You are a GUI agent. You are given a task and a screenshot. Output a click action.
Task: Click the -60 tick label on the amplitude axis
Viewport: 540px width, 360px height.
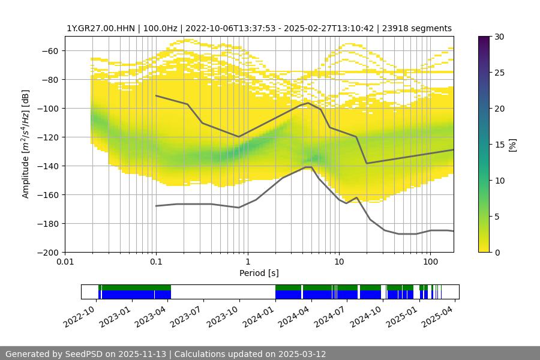[50, 50]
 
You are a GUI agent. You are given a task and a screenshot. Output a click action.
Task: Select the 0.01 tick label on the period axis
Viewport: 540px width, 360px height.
[65, 262]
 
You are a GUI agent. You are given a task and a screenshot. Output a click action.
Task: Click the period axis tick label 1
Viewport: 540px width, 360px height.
[247, 262]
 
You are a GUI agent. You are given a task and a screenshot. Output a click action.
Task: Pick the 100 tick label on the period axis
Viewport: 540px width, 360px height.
[430, 262]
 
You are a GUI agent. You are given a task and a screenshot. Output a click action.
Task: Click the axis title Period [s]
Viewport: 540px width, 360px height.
[259, 274]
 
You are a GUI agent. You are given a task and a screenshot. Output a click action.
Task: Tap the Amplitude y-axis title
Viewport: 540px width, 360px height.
[26, 144]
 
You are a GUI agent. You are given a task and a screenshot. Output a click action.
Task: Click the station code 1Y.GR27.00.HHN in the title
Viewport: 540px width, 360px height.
[101, 28]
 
